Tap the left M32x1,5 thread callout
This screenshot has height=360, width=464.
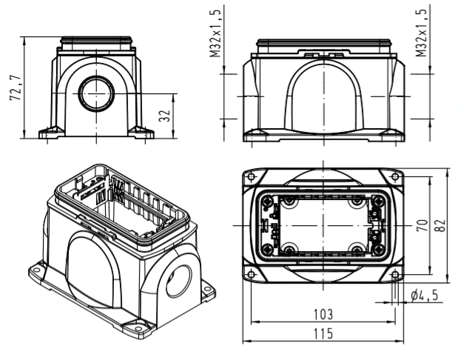214,34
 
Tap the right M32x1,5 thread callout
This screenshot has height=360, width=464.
421,34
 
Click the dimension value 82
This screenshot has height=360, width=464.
440,224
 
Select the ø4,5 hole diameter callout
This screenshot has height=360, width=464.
423,295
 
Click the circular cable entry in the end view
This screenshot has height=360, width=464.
95,92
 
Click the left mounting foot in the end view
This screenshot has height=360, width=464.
50,133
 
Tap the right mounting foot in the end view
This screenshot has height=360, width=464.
141,133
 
